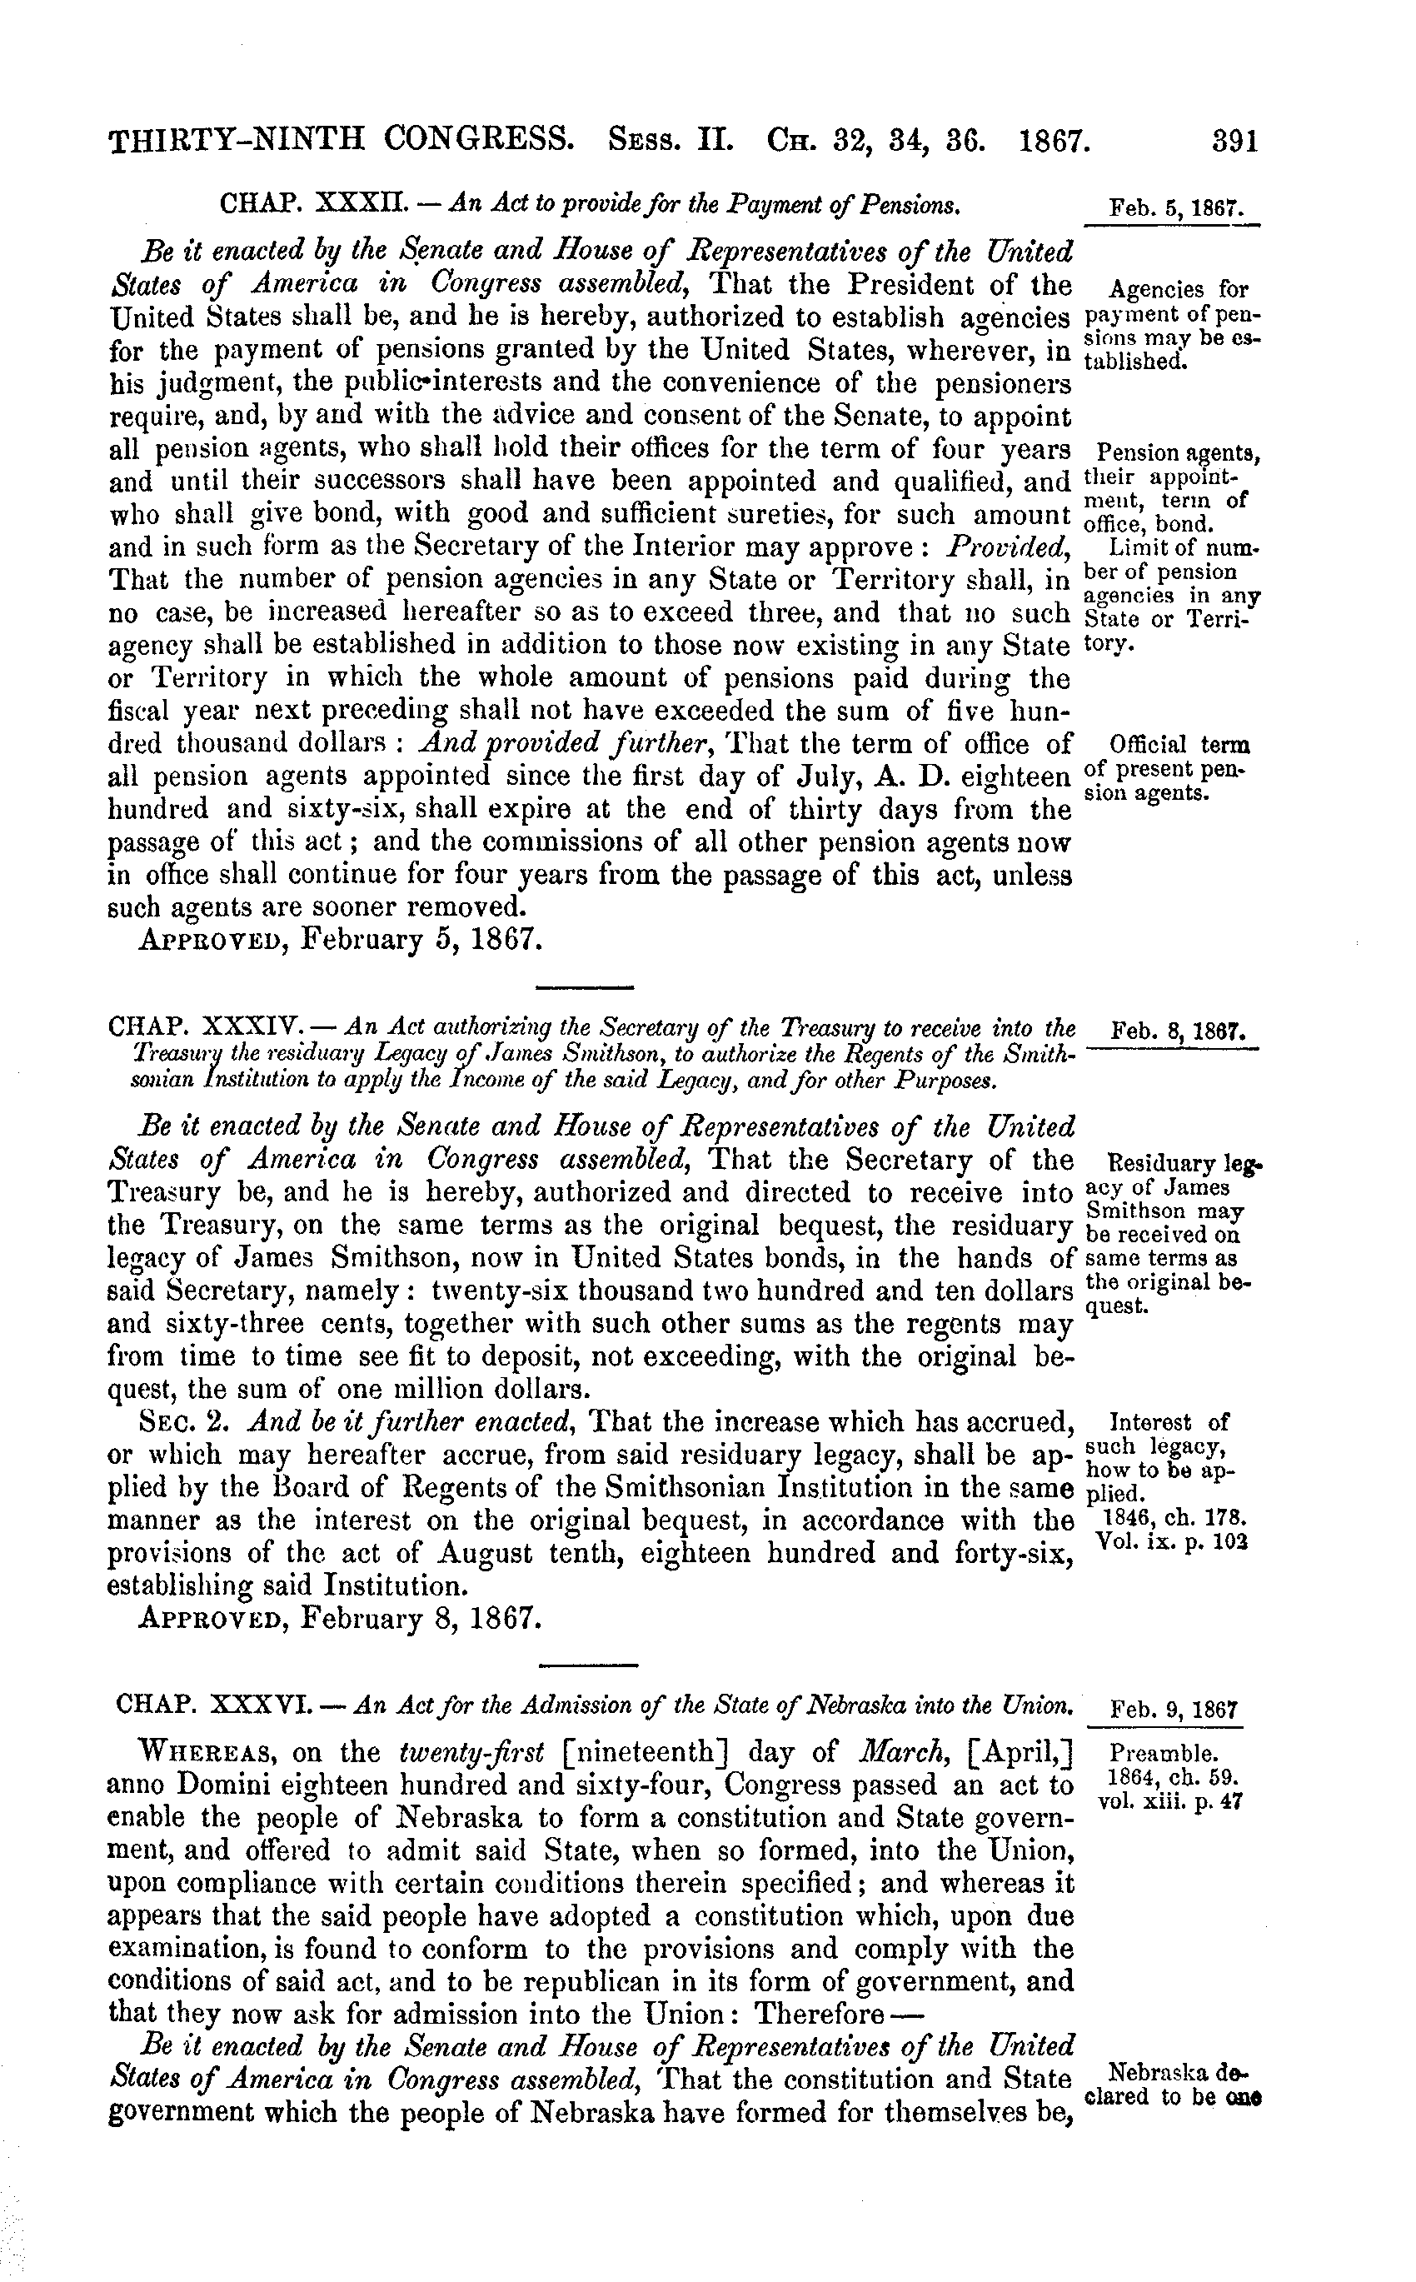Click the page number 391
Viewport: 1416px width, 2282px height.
(x=1234, y=142)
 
